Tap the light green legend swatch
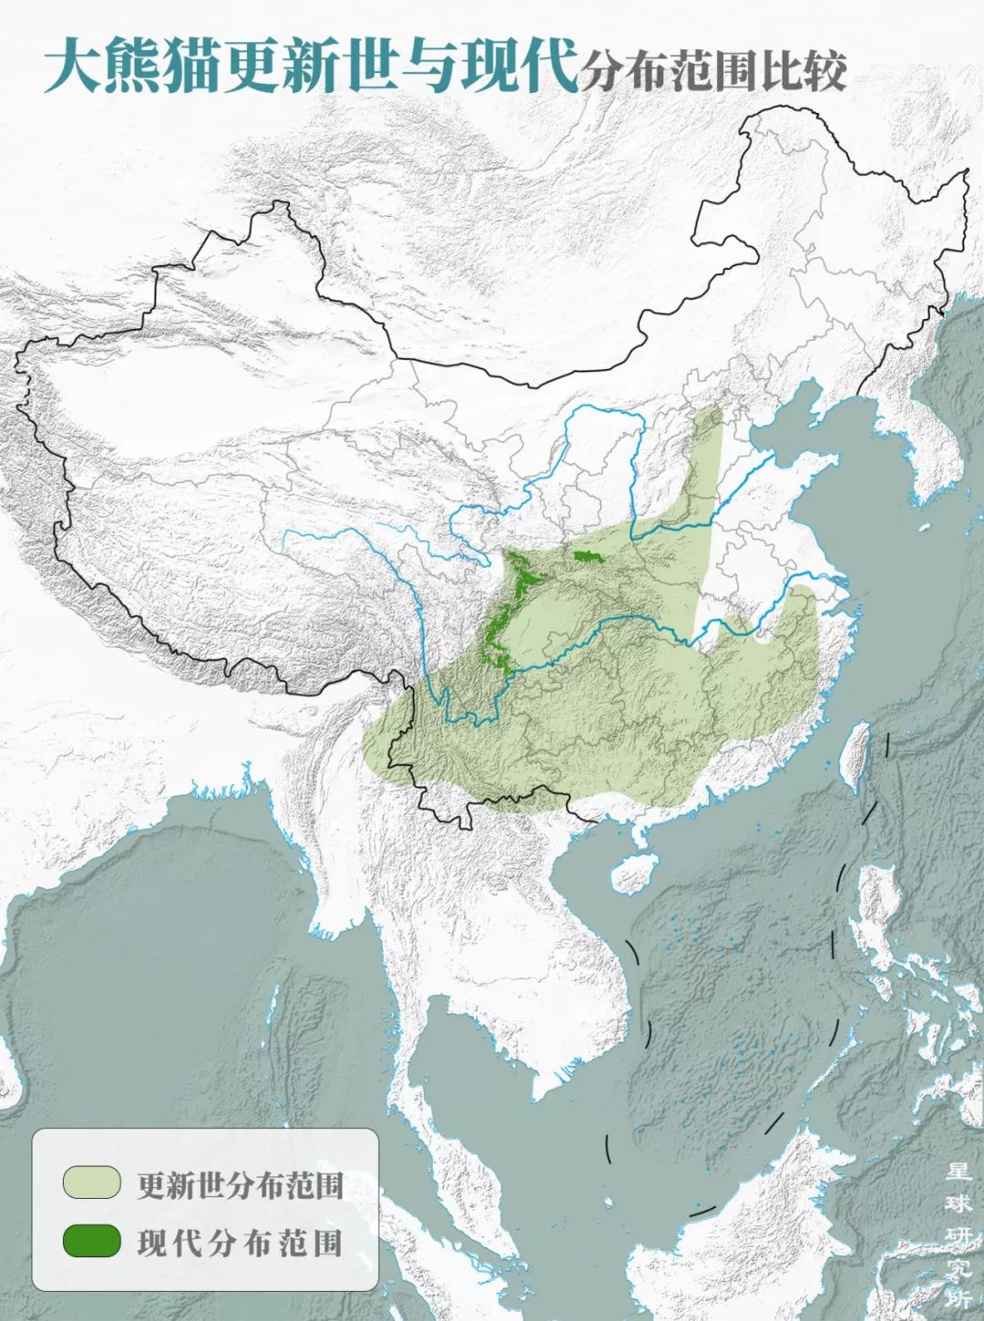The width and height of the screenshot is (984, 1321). tap(91, 1182)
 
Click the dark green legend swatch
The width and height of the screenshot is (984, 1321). tap(91, 1241)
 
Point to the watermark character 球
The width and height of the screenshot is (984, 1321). tap(957, 1203)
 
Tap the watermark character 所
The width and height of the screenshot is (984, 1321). tap(957, 1299)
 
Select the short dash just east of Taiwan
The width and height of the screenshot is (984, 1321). tap(887, 744)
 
